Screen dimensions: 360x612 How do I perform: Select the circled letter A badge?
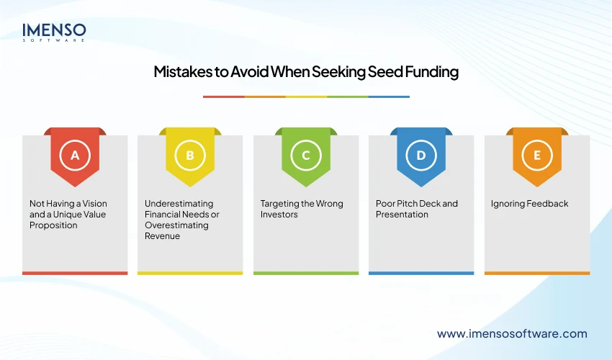75,155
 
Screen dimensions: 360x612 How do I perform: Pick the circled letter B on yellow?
190,155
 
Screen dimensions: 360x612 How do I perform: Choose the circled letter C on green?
306,155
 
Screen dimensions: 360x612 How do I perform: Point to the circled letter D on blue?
421,155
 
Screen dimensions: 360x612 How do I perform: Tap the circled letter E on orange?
536,155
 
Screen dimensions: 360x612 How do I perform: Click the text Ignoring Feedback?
529,204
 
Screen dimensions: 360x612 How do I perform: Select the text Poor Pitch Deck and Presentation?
416,209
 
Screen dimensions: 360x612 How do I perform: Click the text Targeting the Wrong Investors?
302,209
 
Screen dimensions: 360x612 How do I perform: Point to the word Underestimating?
179,204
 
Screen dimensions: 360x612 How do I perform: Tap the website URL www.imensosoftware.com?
512,333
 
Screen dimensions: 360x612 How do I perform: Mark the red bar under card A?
75,273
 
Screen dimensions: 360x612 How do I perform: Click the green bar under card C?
306,273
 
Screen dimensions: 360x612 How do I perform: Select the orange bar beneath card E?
536,273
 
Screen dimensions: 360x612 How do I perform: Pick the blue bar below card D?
421,273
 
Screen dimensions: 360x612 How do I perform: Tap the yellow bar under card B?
190,273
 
